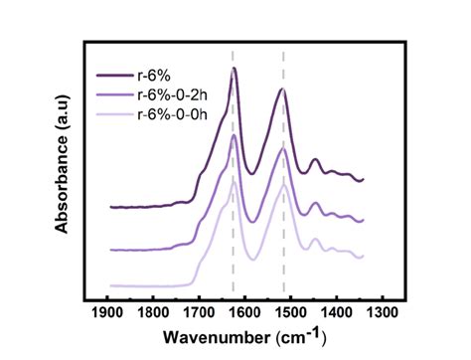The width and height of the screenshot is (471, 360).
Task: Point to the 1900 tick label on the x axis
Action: [107, 312]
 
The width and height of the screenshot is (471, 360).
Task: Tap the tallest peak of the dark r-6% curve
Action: [234, 69]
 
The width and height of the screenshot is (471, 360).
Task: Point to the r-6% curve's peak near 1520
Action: [282, 90]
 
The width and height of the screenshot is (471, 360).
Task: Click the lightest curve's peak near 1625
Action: [234, 181]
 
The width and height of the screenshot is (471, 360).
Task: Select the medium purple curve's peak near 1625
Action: [234, 136]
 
